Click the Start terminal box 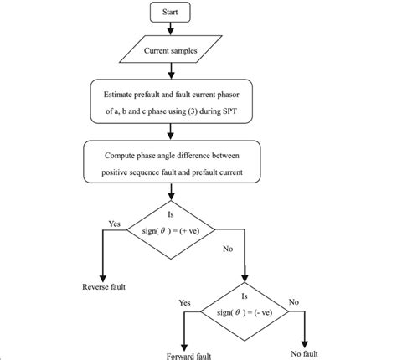171,13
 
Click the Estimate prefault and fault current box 171,100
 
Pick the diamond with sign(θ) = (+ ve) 171,227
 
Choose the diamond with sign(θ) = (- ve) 245,311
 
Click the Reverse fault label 103,288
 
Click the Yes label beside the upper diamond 115,224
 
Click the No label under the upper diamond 228,249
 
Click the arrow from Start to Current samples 171,30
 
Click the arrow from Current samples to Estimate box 171,72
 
